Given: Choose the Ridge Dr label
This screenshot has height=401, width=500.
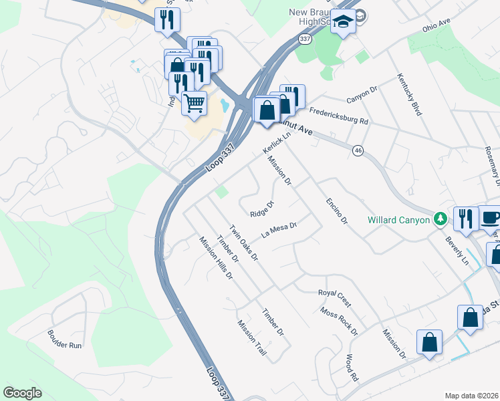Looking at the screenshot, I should coord(262,209).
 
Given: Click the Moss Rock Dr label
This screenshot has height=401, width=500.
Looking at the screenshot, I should coord(339,321).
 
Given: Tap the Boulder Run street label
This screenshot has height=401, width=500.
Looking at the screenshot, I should coord(64,344).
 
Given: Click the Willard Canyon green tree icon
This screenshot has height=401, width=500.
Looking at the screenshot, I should coord(440,219).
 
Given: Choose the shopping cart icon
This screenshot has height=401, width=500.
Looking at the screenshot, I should coord(194,104).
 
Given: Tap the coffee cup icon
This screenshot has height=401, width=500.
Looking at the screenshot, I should coord(491,218).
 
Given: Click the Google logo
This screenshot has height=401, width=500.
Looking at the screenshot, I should coord(23,392).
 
